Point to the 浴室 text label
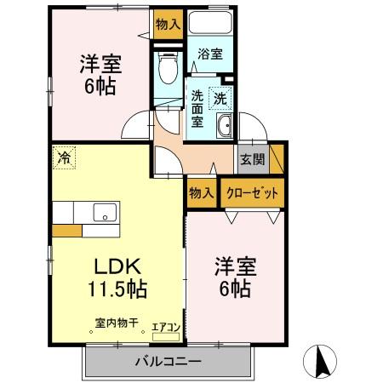pyautogui.click(x=209, y=54)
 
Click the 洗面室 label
pyautogui.click(x=197, y=108)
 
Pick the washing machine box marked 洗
pyautogui.click(x=220, y=99)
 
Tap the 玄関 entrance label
pyautogui.click(x=252, y=158)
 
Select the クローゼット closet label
pyautogui.click(x=253, y=193)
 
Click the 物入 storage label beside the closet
pyautogui.click(x=201, y=193)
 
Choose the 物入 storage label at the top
pyautogui.click(x=168, y=25)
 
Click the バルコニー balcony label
pyautogui.click(x=168, y=362)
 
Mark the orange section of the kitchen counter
pyautogui.click(x=66, y=230)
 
